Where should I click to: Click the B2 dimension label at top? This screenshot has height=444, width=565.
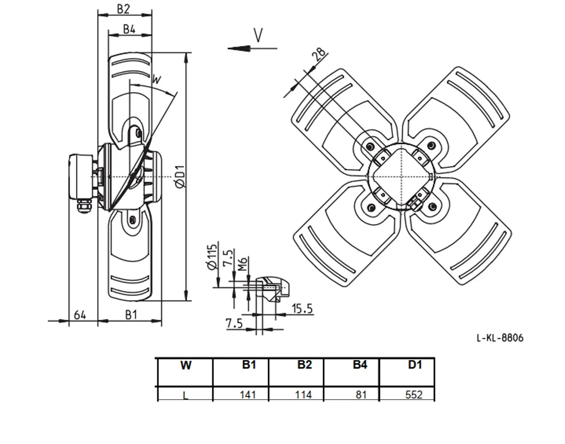point(123,9)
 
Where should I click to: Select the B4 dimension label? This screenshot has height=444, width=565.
point(129,29)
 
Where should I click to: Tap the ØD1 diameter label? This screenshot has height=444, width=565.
point(180,176)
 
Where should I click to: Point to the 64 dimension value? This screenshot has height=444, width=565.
point(80,315)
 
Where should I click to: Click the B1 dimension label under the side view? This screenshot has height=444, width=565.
point(131,315)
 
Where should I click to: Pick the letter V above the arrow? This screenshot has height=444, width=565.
point(258,35)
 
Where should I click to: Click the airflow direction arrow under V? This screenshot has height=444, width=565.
point(252,48)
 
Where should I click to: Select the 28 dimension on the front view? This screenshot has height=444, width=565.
point(319,54)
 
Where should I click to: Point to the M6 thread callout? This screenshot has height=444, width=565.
point(243,264)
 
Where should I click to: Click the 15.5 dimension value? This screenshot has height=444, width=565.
point(302,308)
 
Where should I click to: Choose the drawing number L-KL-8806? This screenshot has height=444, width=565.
point(500,338)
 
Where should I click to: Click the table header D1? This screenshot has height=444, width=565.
point(415,365)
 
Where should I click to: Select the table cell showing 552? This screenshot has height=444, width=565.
point(414,395)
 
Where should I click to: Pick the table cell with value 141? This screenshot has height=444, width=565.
point(248,395)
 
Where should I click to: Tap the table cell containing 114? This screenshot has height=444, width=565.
point(303,395)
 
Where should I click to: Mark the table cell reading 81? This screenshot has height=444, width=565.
point(361,395)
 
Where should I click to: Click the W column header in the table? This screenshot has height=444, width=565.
point(186,366)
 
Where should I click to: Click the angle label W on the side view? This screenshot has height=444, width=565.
point(156,79)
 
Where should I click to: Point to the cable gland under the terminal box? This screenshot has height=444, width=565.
point(84,207)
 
